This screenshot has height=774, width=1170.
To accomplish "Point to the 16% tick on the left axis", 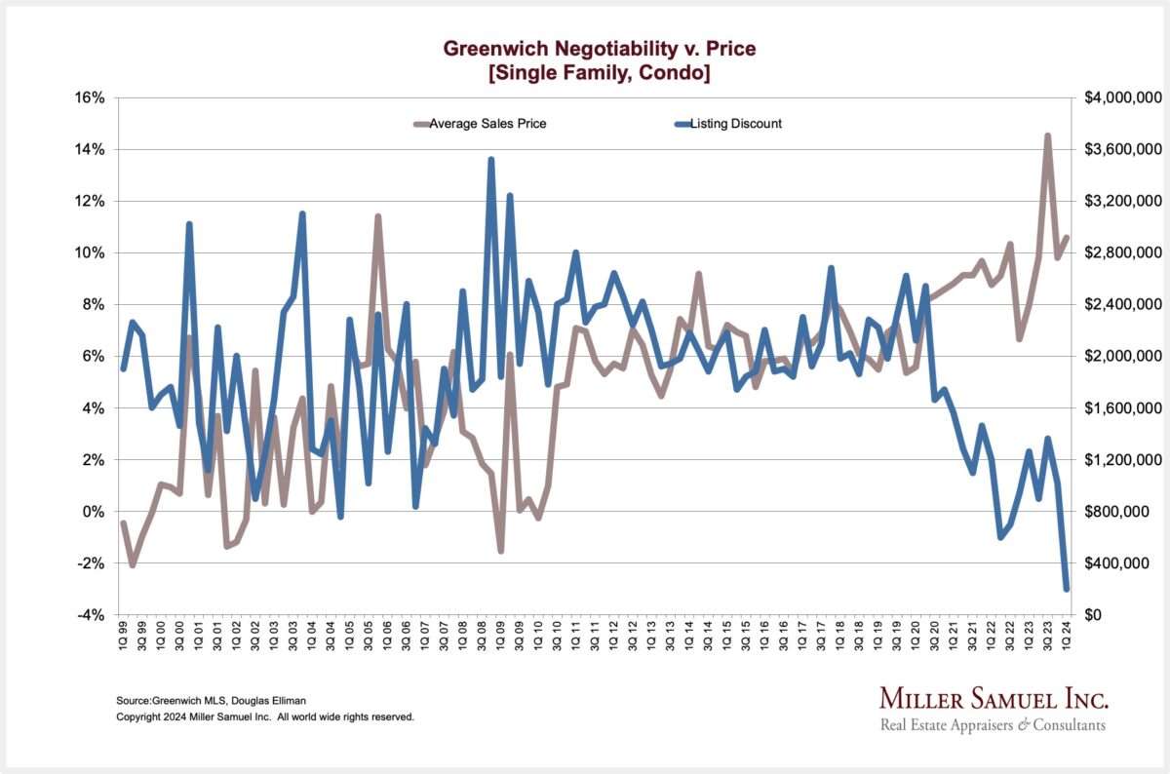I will click(89, 98).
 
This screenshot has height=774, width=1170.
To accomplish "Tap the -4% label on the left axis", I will click(89, 615).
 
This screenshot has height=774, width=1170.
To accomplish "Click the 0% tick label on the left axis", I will click(92, 512).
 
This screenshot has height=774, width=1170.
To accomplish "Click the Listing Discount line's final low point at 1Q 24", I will click(1067, 589).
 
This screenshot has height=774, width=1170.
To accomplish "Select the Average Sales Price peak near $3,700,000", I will click(1047, 136).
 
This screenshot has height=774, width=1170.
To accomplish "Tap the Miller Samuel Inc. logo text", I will click(994, 699).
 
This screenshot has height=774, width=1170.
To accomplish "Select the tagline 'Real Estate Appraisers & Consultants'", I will click(993, 725).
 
